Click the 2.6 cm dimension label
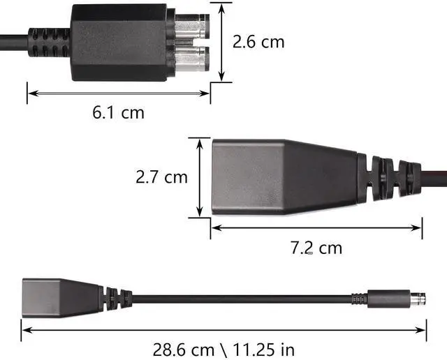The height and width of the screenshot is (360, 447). click(258, 42)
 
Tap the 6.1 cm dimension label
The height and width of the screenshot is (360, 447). click(118, 112)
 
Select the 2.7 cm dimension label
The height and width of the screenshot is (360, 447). click(161, 177)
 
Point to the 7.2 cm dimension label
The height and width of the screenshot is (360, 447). click(316, 248)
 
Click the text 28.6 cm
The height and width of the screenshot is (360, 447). click(184, 350)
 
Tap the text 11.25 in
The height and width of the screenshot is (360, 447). click(264, 350)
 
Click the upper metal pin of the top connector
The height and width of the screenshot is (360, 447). click(192, 27)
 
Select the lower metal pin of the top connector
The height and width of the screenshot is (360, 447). click(192, 59)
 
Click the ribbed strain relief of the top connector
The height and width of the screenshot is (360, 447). click(50, 42)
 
